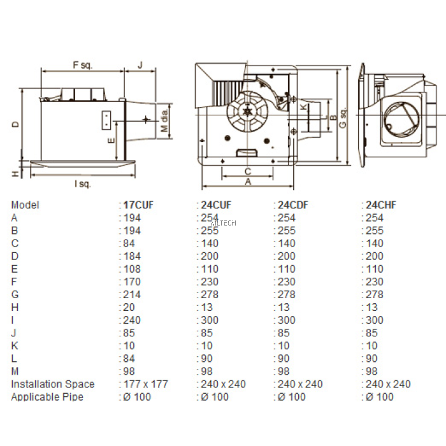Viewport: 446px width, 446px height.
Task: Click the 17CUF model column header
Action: (x=138, y=205)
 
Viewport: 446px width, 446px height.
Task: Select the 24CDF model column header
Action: (x=292, y=205)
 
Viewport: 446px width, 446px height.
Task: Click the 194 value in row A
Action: (x=132, y=218)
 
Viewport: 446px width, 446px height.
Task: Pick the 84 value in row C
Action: (x=129, y=243)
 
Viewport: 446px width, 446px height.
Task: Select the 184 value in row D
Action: (x=132, y=256)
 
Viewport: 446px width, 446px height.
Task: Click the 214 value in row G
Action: (x=132, y=294)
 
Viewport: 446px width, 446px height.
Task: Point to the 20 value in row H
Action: (x=129, y=307)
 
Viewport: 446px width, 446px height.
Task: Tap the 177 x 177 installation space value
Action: (x=144, y=384)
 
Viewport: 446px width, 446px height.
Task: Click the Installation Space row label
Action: (x=53, y=384)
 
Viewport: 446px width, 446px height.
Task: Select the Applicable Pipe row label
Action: (x=47, y=397)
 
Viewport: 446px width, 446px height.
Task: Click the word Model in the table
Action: (x=25, y=205)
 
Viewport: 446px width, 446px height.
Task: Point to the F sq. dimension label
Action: (x=83, y=65)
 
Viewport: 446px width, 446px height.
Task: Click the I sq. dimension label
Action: (x=82, y=184)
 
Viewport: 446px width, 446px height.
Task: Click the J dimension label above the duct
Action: (x=140, y=65)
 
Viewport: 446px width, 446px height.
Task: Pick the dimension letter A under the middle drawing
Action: (x=248, y=181)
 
